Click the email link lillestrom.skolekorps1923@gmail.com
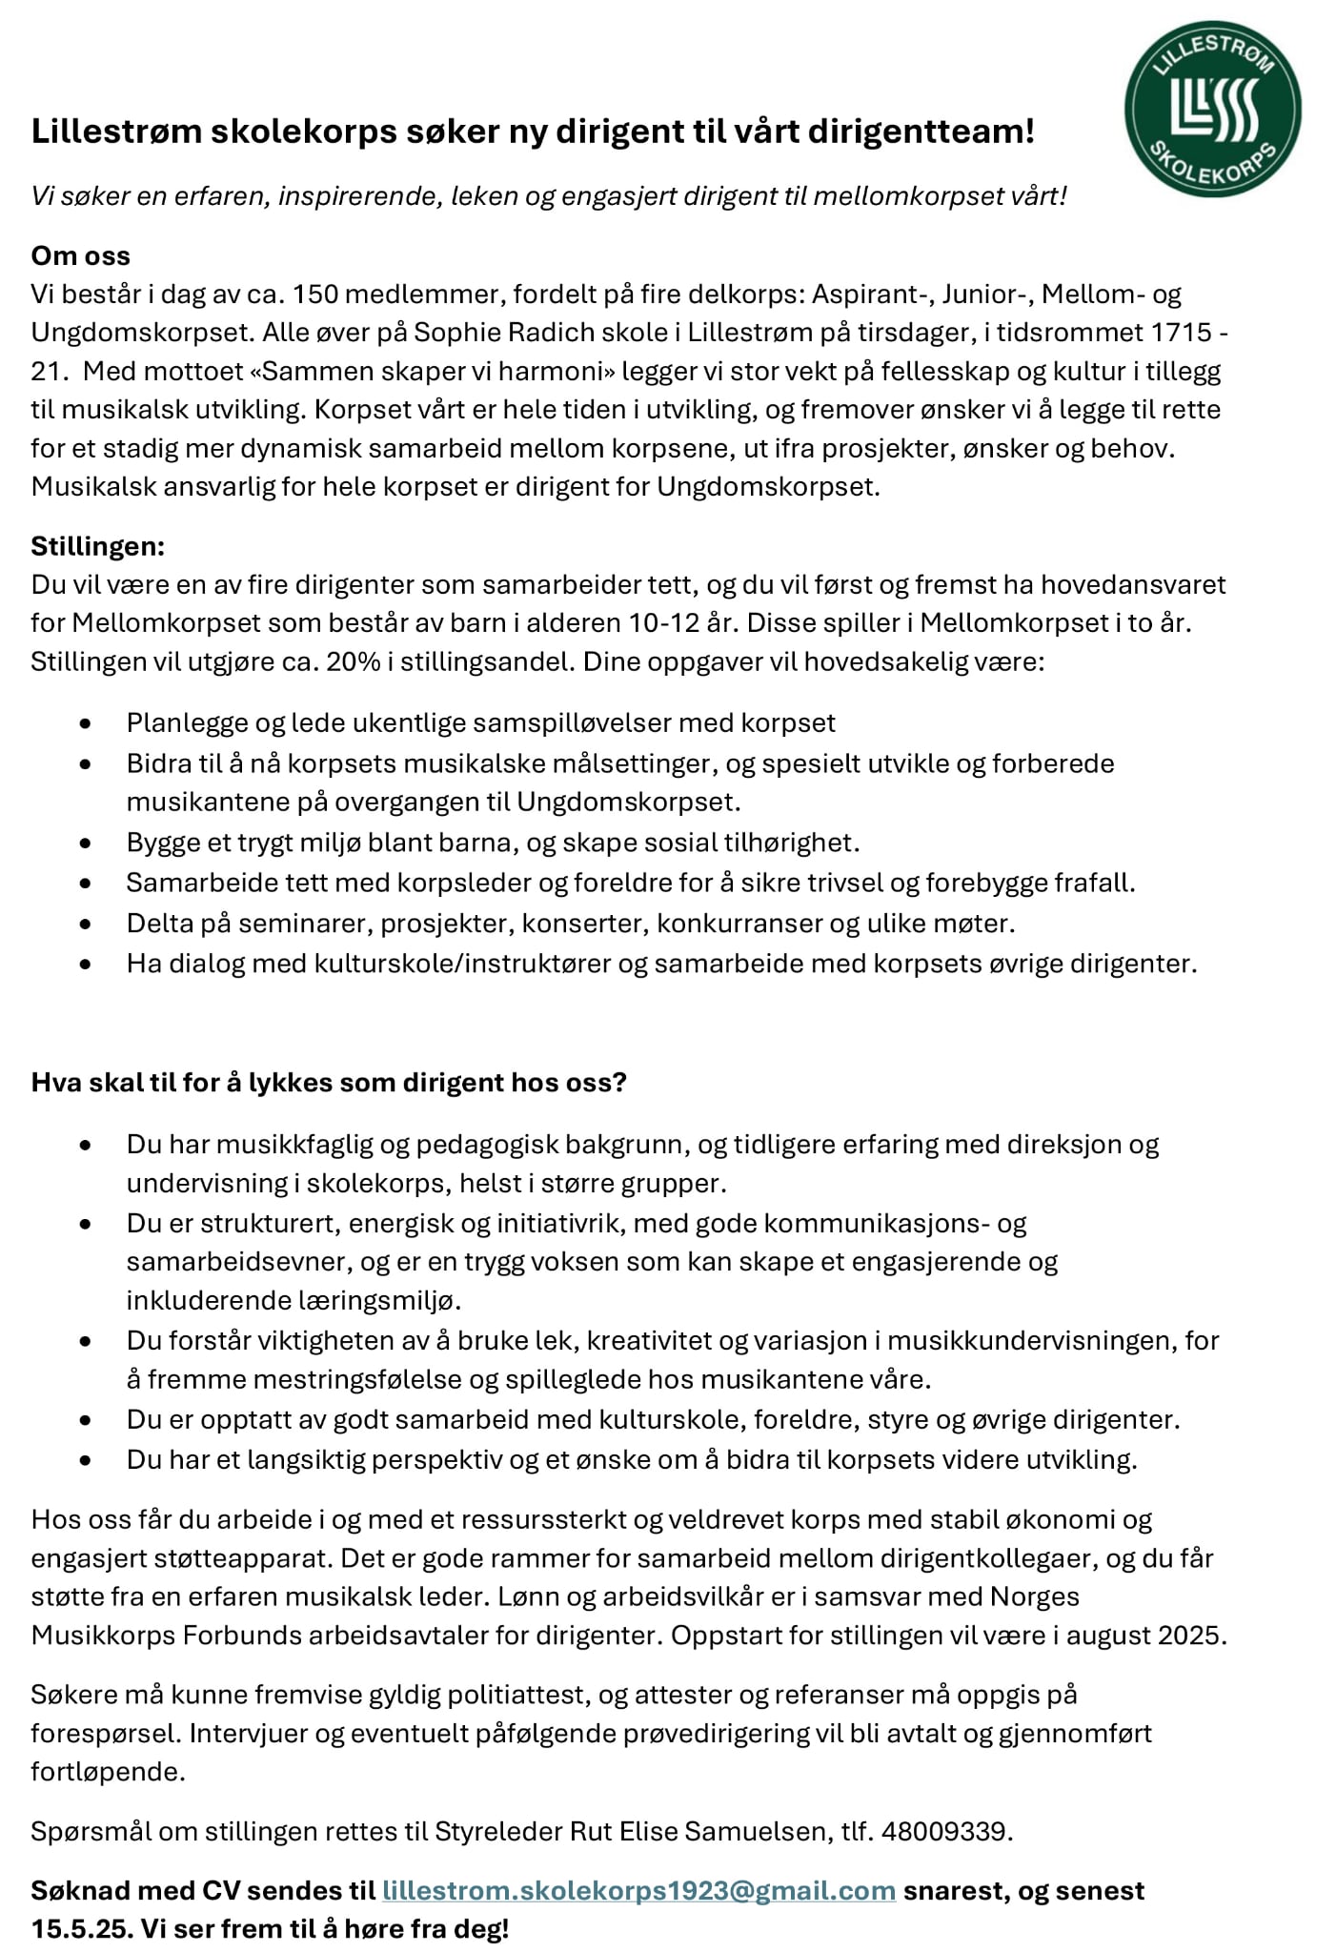point(638,1890)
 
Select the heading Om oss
point(81,255)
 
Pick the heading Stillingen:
point(98,546)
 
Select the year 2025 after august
point(1190,1636)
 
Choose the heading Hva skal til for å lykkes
point(329,1083)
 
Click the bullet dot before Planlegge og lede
point(87,723)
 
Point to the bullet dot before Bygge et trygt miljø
point(87,844)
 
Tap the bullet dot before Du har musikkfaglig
point(87,1145)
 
